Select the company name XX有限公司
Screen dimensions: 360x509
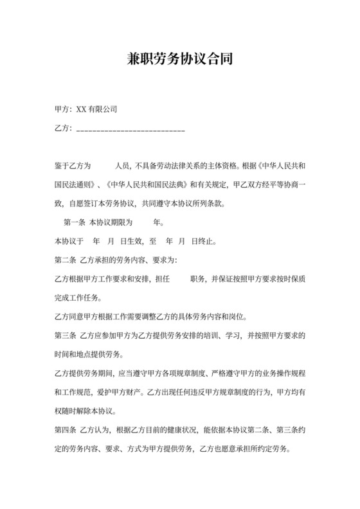coord(96,110)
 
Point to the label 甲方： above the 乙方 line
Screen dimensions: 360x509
coord(64,110)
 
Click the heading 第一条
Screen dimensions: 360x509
coord(76,224)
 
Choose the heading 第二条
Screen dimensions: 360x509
coord(66,261)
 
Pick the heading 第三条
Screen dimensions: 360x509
coord(66,335)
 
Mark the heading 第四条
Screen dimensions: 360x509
coord(66,429)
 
